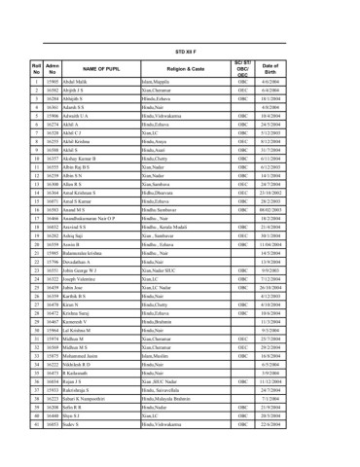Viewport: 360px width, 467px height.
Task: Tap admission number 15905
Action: tap(54, 83)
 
